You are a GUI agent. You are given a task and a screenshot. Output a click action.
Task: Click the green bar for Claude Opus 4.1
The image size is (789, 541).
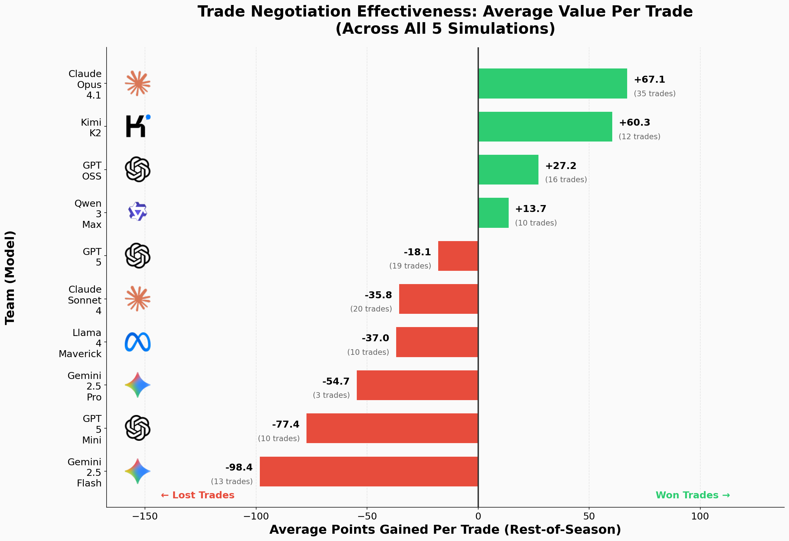[x=552, y=83]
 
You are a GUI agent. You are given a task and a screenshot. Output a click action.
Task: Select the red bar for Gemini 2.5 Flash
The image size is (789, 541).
[x=369, y=472]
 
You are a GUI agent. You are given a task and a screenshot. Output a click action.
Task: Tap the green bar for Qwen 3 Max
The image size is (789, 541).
[x=493, y=213]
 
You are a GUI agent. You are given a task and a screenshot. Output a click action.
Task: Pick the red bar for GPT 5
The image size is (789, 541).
[x=458, y=256]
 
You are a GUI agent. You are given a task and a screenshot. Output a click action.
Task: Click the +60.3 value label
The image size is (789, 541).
[x=634, y=122]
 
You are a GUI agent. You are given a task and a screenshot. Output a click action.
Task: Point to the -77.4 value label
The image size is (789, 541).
[x=286, y=424]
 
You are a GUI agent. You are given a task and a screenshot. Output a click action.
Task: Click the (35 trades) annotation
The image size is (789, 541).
[x=655, y=94]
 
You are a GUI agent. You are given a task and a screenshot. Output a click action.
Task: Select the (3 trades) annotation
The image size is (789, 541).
[x=331, y=395]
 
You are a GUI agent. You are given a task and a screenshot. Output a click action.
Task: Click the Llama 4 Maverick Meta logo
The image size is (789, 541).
[x=137, y=342]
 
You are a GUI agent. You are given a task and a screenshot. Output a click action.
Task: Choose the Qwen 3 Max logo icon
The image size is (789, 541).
[x=137, y=212]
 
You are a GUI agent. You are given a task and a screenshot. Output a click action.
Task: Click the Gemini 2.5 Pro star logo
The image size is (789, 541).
[x=137, y=385]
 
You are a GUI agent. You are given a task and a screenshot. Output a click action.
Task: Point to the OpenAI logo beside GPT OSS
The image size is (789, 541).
[x=137, y=169]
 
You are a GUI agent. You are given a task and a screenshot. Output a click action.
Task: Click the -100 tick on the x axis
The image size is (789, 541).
[x=255, y=516]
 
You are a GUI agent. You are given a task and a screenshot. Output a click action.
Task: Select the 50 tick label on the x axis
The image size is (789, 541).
[x=589, y=516]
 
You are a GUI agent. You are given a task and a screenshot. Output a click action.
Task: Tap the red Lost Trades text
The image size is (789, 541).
[x=198, y=495]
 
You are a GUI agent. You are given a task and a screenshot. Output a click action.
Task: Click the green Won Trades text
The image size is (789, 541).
[x=693, y=495]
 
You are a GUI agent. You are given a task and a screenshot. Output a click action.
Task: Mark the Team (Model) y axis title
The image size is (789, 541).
[x=10, y=277]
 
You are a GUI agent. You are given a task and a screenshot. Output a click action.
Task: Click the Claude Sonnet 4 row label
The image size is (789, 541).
[x=85, y=300]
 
